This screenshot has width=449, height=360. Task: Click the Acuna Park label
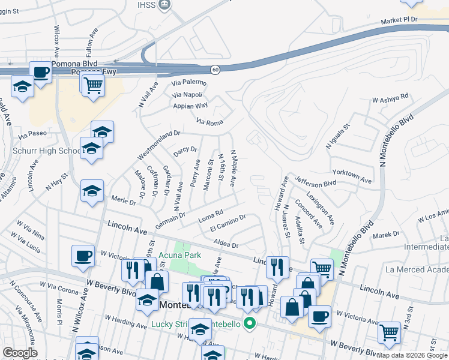(x=184, y=255)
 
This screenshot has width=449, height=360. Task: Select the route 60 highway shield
(x=215, y=70)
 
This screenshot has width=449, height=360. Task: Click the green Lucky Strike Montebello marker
(x=247, y=325)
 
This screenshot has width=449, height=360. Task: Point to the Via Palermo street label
(x=188, y=82)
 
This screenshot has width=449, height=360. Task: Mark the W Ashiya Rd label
(x=390, y=97)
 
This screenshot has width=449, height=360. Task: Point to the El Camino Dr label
(x=228, y=224)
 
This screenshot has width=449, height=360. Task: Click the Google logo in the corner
(x=20, y=353)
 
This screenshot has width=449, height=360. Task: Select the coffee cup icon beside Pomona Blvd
(x=41, y=73)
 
